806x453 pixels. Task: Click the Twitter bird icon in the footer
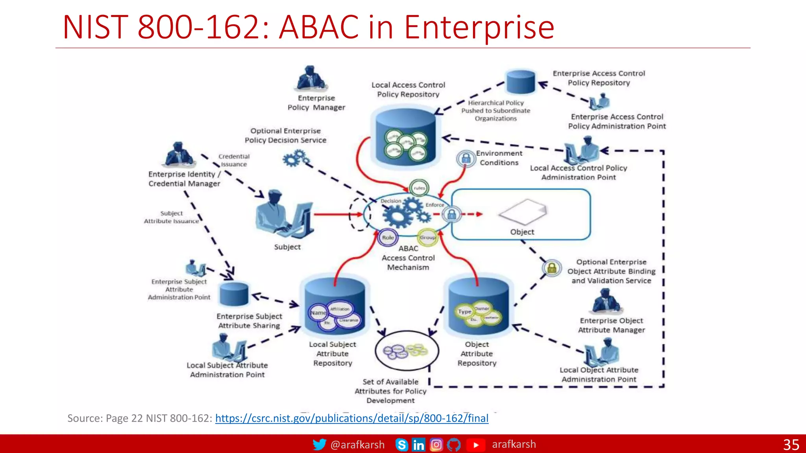point(319,444)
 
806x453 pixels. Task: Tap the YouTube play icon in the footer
point(476,445)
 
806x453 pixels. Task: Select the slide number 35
point(791,445)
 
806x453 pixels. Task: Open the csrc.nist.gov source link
point(351,418)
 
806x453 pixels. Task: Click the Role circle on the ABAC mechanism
point(388,238)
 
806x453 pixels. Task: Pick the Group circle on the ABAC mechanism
point(427,237)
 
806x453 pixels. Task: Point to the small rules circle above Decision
point(419,188)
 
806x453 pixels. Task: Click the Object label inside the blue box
point(522,232)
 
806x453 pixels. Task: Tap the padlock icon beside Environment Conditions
point(466,159)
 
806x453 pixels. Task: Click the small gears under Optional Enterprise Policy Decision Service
point(296,159)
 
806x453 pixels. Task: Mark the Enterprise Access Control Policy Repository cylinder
point(521,82)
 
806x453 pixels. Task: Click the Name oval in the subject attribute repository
point(318,313)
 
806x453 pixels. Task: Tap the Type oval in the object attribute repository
point(464,311)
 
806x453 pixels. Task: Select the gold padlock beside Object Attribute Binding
point(552,268)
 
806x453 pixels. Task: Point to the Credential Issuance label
point(234,160)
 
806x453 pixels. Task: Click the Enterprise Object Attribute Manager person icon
point(606,301)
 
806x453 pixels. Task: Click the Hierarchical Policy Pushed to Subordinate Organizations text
point(495,110)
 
